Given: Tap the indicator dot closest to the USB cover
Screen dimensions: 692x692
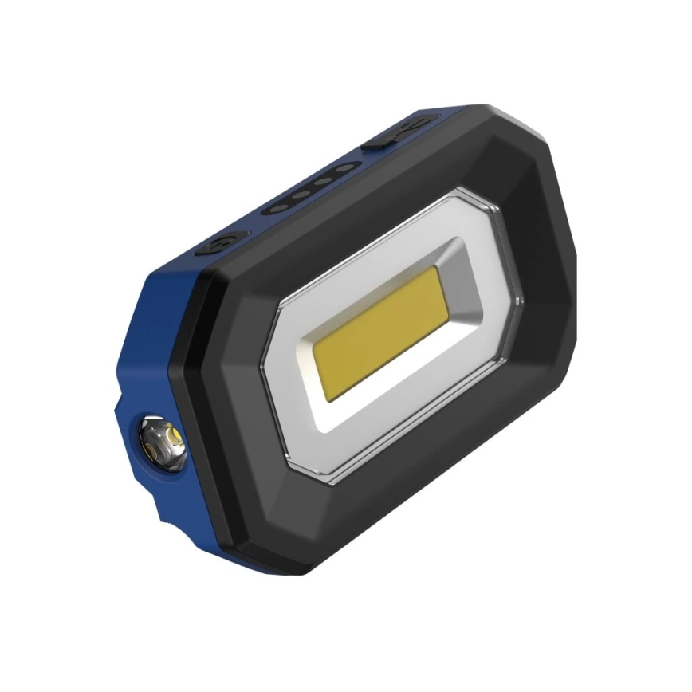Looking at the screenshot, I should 344,169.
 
